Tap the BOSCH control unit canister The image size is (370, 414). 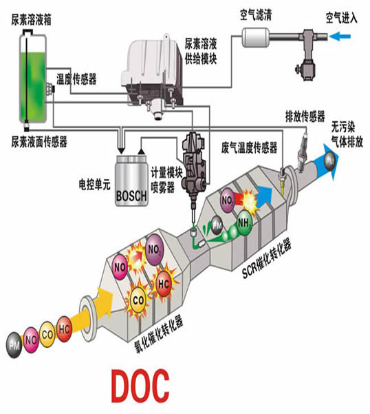click(131, 181)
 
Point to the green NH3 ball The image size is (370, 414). click(243, 222)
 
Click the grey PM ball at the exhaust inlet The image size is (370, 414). click(14, 345)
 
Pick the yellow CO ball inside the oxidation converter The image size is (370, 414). click(138, 300)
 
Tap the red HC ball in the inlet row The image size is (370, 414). click(64, 329)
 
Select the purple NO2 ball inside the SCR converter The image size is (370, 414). click(227, 200)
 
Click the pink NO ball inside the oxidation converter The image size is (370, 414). click(120, 267)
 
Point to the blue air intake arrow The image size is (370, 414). click(340, 37)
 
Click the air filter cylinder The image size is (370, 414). click(256, 37)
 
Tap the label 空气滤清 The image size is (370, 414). click(256, 14)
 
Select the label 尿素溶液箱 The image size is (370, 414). click(32, 19)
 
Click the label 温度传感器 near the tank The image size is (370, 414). click(76, 79)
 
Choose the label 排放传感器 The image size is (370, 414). click(305, 116)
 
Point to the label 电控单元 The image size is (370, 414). click(95, 185)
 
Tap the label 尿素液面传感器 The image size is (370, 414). click(39, 141)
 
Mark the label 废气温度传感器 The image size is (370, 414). click(249, 147)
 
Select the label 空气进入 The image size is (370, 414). click(342, 18)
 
